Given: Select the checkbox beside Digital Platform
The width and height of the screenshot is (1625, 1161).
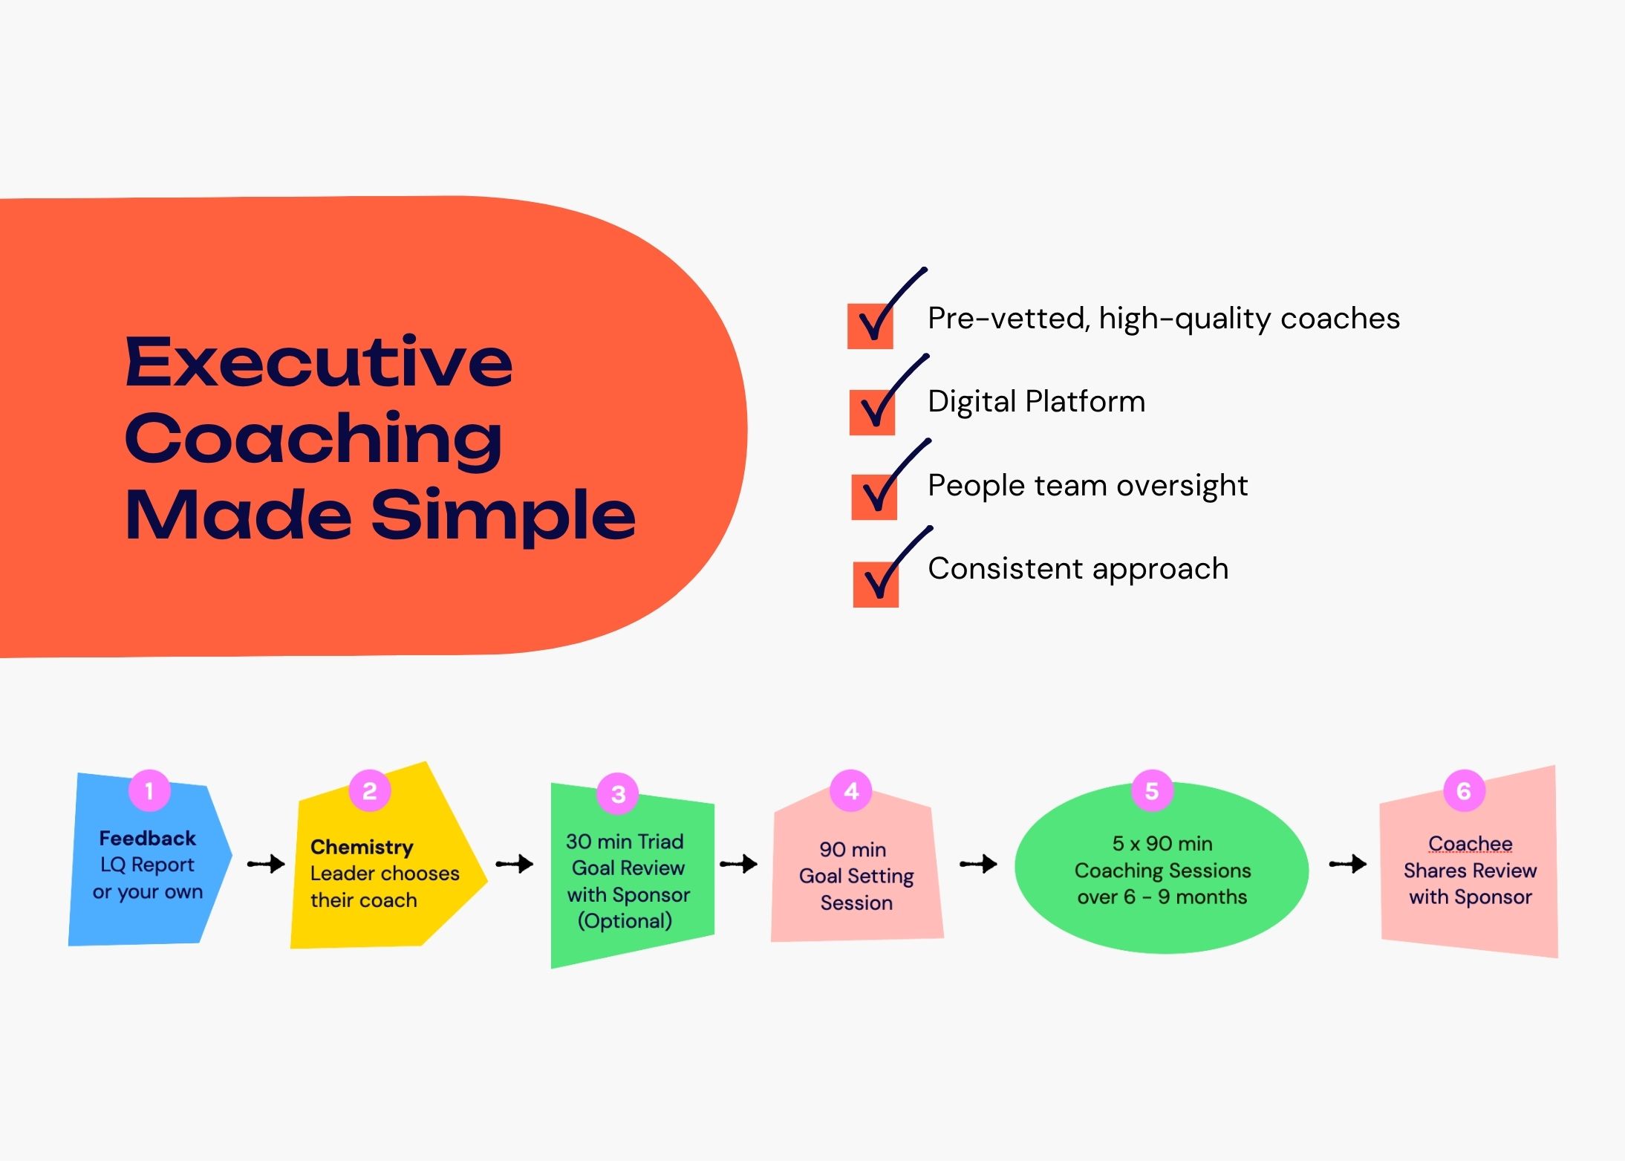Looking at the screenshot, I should coord(872,412).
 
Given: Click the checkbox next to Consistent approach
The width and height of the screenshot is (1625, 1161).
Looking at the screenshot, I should coord(876,585).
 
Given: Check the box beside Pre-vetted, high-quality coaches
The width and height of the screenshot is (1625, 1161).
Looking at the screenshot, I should coord(870,326).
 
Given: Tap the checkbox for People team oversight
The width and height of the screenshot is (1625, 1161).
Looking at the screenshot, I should coord(874,497).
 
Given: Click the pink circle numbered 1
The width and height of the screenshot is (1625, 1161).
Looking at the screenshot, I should coord(149,790).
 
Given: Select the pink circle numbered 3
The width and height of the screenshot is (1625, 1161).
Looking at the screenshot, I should coord(618,794).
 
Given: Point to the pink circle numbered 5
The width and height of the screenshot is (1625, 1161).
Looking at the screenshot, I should coord(1152,791).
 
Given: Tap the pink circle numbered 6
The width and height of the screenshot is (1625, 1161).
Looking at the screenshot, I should coord(1464,791).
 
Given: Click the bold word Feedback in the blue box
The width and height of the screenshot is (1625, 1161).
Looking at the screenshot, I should coord(147,838).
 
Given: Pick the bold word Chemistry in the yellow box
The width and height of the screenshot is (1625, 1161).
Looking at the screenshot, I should coord(362,847).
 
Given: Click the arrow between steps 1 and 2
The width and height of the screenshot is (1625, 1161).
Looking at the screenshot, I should coord(266,864).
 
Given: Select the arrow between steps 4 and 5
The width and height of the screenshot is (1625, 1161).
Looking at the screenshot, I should coord(978,864).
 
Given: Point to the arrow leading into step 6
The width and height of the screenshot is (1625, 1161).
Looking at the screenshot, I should coord(1348,864).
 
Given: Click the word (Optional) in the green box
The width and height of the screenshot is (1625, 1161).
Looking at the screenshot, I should coord(625,921).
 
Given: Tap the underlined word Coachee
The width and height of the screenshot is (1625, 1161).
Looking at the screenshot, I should coord(1470,844).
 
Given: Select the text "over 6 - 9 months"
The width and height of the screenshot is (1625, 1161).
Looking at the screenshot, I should coord(1162,897).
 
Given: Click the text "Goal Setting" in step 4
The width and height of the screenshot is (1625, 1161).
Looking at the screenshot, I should coord(856,877).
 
